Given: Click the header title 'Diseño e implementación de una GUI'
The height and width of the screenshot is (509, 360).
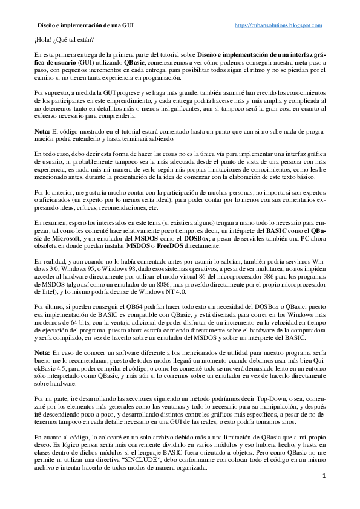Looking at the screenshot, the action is pos(85,25).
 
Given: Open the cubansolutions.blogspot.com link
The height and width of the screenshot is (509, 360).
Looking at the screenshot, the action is pos(278,25).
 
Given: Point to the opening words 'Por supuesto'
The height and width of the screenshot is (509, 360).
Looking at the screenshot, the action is pos(51,93).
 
